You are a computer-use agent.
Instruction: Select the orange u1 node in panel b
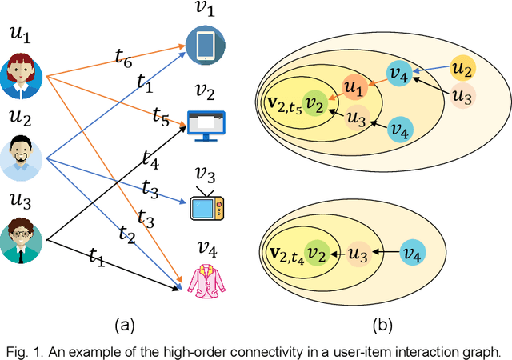[354, 87]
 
